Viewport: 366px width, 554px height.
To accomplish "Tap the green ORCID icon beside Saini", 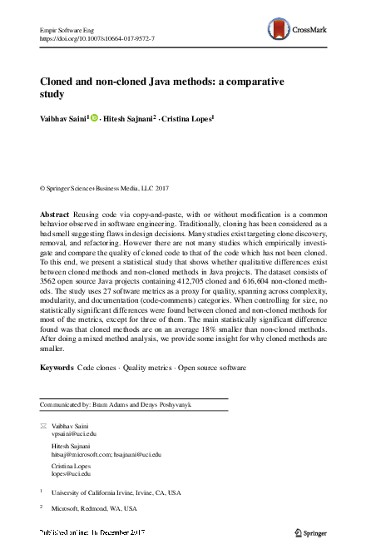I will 94,118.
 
